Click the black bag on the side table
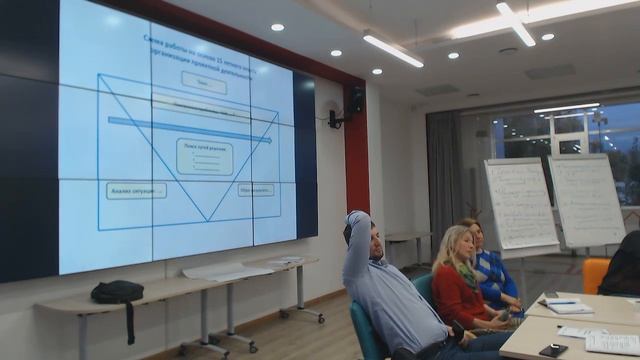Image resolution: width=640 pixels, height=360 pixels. pos(117,292)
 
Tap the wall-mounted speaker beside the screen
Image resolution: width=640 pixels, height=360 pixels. pos(356,100)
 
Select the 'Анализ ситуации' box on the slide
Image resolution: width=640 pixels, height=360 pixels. pos(136,190)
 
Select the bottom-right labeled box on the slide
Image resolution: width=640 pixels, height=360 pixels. pos(258,189)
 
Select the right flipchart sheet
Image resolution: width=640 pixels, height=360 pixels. pos(586,200)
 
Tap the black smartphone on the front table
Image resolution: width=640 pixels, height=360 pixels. pos(552,350)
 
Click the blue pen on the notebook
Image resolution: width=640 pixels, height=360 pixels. pos(562,302)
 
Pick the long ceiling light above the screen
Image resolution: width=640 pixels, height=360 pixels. pos(392,50)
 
